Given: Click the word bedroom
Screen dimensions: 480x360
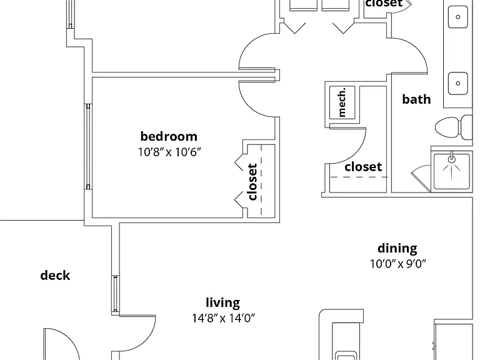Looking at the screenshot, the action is (169, 136).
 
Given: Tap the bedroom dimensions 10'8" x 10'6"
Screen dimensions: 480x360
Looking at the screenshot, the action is (169, 152).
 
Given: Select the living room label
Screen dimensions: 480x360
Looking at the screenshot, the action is (223, 302).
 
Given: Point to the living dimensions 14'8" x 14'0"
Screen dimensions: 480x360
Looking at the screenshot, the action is (223, 318).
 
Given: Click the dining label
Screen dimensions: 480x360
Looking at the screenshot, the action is (397, 248).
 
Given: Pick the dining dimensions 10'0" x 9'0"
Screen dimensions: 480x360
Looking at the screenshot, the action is (398, 263).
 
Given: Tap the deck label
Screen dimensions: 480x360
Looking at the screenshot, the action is (55, 276).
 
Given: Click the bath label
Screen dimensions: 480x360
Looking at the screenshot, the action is (416, 99).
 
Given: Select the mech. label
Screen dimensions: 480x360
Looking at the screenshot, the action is (342, 102).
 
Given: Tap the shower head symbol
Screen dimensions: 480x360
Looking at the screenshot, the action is (451, 159).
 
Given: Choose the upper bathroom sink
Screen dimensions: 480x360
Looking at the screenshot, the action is (457, 17).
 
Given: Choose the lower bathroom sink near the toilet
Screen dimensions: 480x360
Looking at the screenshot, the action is (457, 83).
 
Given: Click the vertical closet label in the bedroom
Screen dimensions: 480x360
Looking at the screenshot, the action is (252, 182).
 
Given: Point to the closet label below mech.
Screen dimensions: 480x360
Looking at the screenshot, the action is (363, 167).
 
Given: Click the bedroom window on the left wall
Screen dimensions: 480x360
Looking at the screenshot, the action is (88, 147).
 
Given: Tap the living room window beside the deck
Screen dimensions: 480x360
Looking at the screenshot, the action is (116, 294).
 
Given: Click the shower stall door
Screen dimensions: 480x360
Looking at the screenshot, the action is (421, 177).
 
